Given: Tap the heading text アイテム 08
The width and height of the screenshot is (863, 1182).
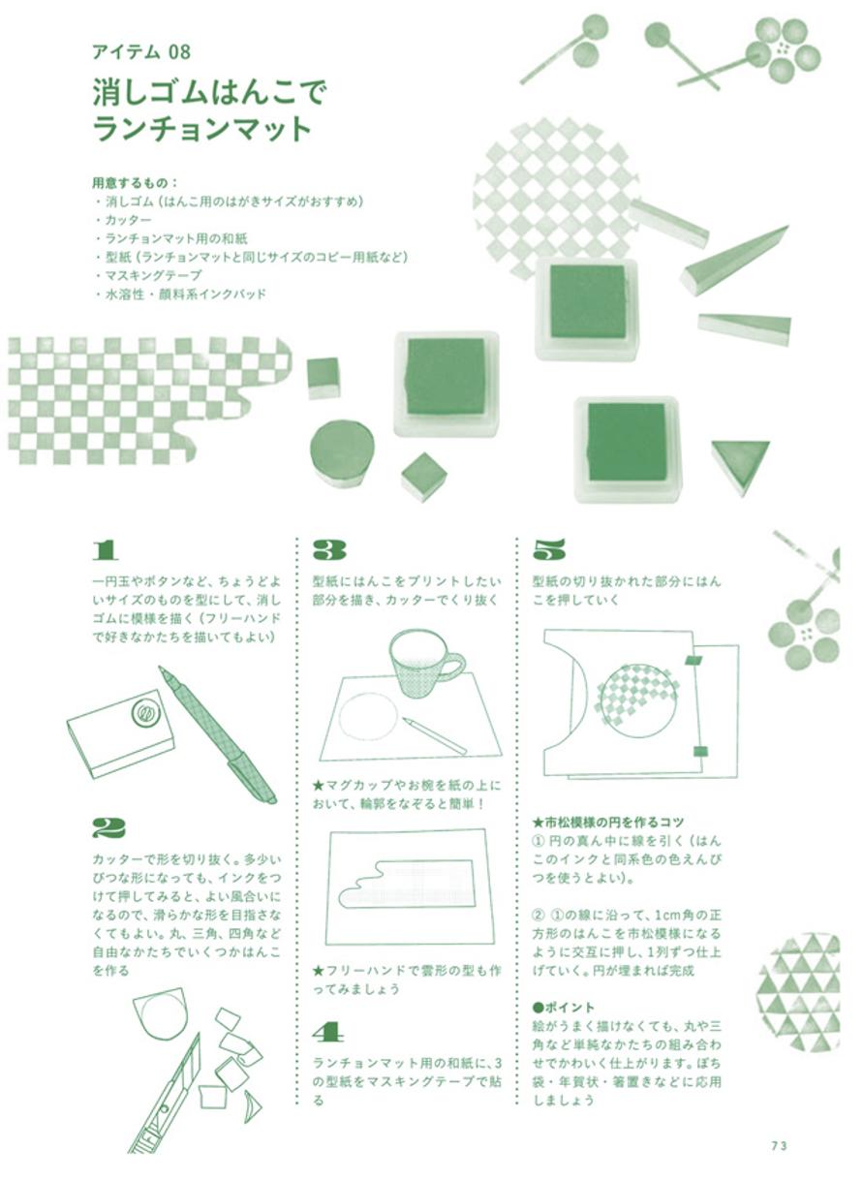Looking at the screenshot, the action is (140, 51).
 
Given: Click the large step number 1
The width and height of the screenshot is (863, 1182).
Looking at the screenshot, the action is (105, 550).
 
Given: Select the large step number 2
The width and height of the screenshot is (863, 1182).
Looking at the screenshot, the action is (108, 828).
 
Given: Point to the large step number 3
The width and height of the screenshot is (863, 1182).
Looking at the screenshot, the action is (328, 550).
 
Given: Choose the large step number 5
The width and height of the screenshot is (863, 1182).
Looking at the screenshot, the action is (548, 550).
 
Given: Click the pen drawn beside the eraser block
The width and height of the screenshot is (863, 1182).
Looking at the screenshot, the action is (217, 735).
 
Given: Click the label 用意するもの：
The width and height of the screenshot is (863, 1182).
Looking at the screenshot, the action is (136, 183).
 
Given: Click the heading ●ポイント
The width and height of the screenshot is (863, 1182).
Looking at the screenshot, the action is (564, 1008).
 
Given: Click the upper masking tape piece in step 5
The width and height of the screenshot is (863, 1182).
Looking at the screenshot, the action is (694, 660).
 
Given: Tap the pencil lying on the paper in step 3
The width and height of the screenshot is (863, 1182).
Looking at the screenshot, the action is (435, 734).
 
